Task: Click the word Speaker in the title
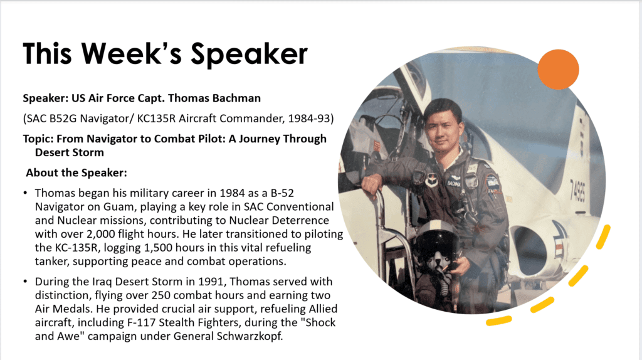tap(249, 54)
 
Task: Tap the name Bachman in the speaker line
tap(236, 98)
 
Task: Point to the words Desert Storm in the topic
tap(69, 152)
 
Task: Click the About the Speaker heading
tap(76, 173)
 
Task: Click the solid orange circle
tap(558, 69)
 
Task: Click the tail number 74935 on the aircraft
tap(577, 191)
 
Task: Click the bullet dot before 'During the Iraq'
tap(25, 282)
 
